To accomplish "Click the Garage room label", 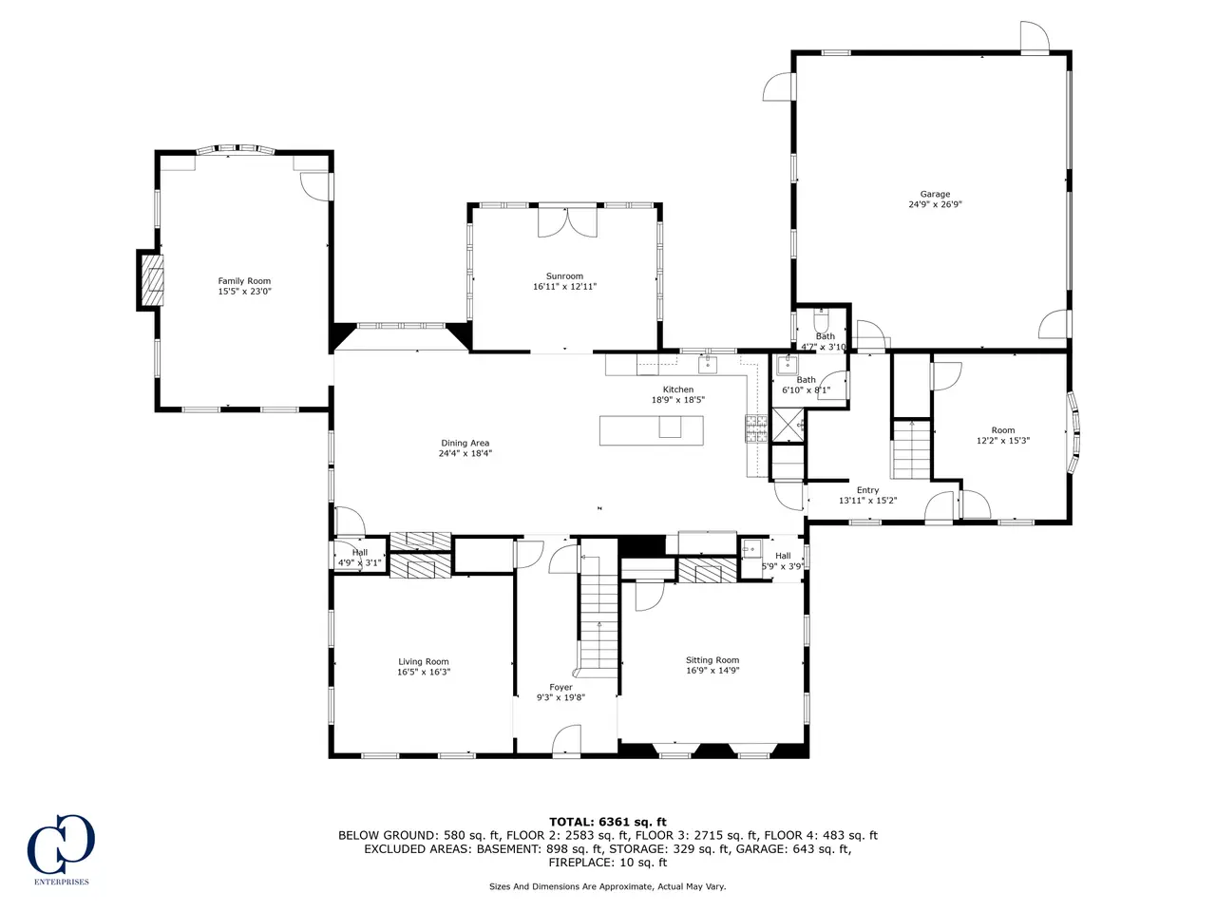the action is (935, 194).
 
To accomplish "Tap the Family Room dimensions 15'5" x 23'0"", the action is (244, 292).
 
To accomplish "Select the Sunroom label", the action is (564, 275).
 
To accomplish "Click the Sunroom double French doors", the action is (568, 221).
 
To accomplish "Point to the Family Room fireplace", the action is (151, 279).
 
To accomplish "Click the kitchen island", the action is (652, 430).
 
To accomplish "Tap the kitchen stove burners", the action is (756, 428).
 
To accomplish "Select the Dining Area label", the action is (465, 443).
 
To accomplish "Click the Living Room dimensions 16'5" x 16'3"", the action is (424, 672).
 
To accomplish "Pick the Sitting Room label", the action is (712, 659).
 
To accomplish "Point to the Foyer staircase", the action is (598, 617).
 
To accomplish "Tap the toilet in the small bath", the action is (821, 320).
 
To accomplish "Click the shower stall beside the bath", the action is (788, 425).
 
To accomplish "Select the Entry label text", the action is (867, 490).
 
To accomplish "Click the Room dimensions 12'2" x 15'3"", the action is (1002, 441).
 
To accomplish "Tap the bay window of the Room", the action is (1073, 432).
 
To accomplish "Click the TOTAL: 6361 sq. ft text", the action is (608, 822).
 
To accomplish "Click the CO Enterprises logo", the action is (61, 849).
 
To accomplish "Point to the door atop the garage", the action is (1035, 38).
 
